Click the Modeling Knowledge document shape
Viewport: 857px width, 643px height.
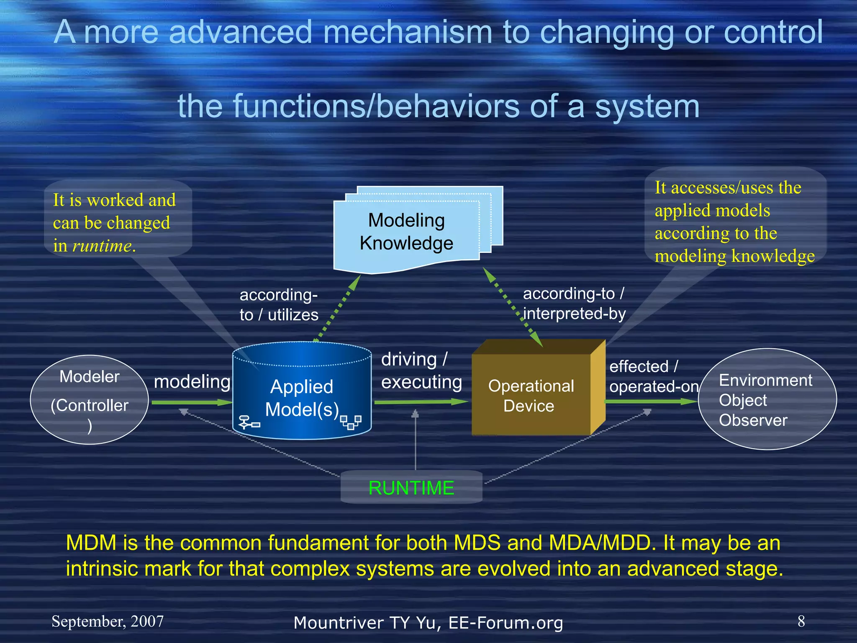tap(406, 232)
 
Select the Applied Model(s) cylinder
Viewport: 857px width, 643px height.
tap(302, 398)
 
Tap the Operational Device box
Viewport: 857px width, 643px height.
tap(531, 396)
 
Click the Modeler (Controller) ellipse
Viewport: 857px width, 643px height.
tap(89, 400)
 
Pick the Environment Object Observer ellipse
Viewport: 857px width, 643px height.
tap(767, 400)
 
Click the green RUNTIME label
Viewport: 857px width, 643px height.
tap(411, 488)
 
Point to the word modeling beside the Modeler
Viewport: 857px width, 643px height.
tap(192, 382)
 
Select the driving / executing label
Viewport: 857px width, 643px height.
tap(421, 371)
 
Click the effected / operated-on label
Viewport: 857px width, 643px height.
tap(653, 376)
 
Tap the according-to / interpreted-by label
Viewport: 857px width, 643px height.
tap(574, 303)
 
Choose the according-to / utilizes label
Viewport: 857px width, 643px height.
tap(279, 305)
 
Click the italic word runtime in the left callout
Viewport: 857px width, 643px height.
tap(102, 246)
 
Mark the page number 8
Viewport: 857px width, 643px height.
tap(801, 621)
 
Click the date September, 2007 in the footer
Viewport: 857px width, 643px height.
tap(108, 621)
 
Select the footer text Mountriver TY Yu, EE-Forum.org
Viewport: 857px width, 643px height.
tap(428, 623)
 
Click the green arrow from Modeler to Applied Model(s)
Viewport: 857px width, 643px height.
tap(192, 402)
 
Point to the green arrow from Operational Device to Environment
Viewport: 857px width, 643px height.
tap(651, 401)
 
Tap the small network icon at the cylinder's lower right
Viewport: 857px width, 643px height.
tap(351, 422)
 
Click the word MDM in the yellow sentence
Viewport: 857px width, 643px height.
tap(91, 543)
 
